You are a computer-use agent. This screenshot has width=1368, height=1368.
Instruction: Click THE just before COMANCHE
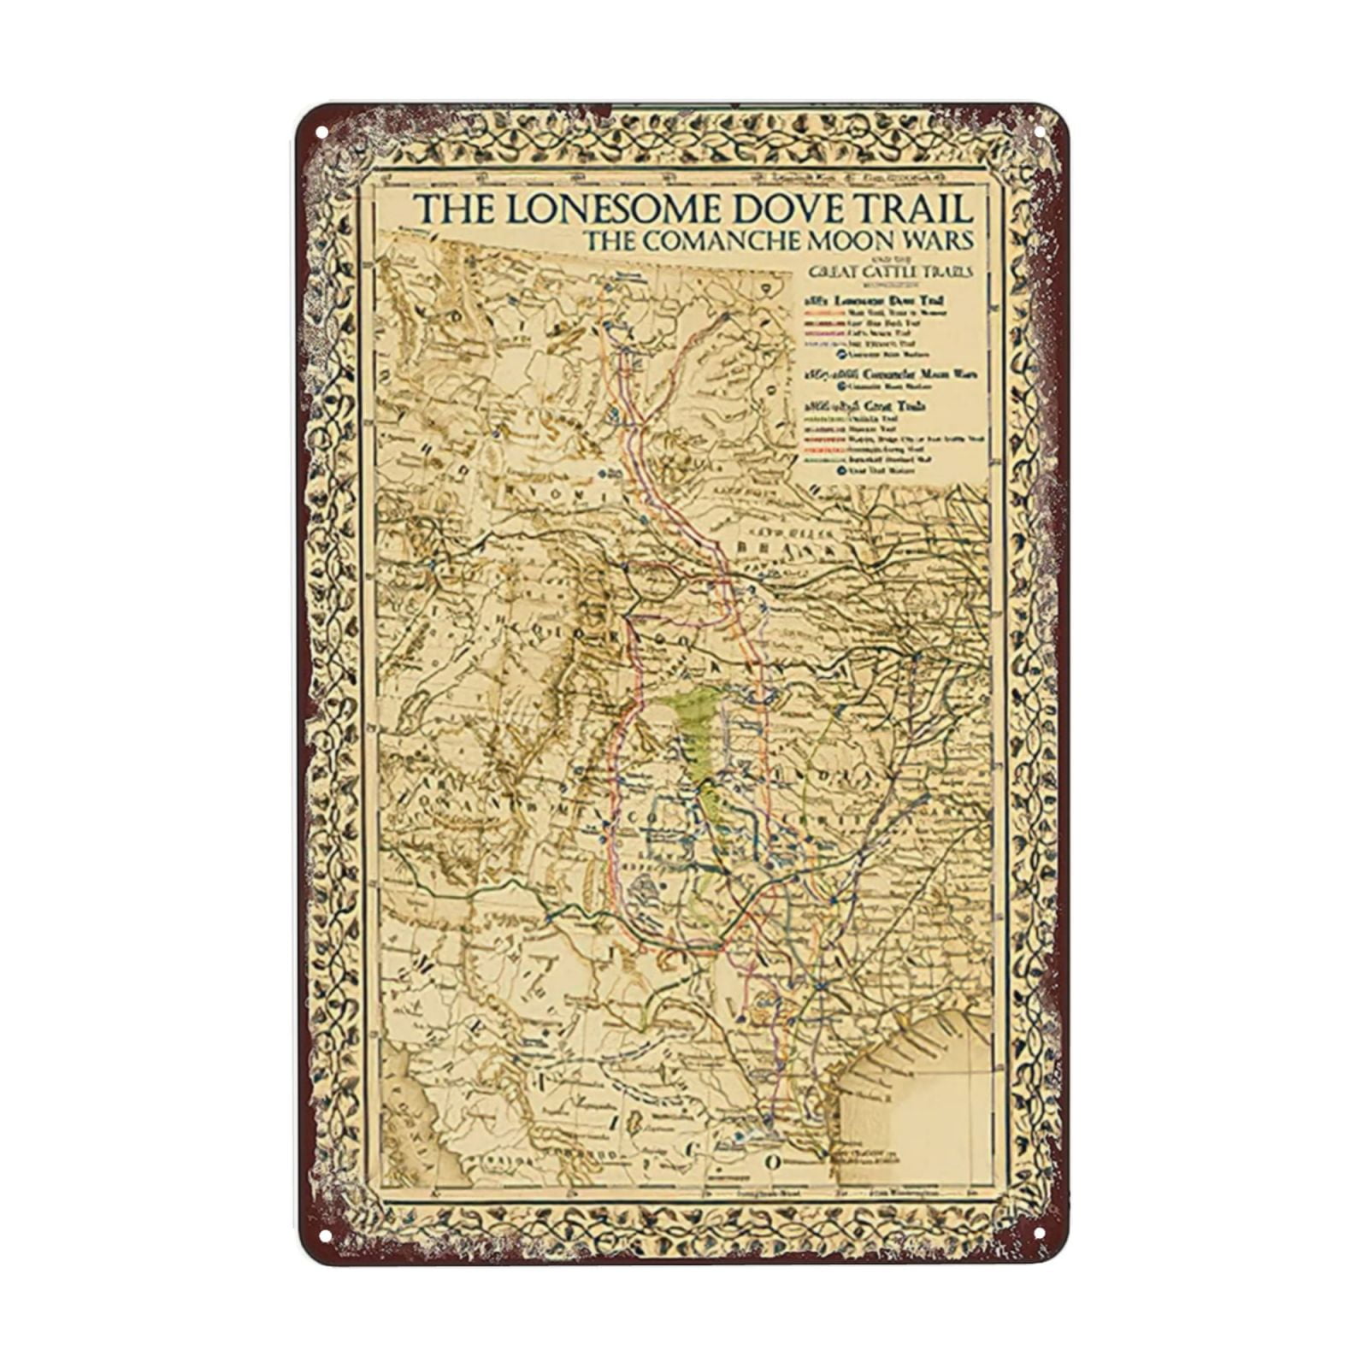tap(609, 242)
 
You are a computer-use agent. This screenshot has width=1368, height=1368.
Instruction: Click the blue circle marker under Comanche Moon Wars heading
tap(842, 386)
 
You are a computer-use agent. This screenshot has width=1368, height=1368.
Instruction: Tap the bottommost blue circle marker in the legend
tap(842, 470)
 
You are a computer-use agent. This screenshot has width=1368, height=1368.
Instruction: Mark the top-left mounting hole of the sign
tap(322, 133)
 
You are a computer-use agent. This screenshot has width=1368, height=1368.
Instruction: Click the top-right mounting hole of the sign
tap(1041, 133)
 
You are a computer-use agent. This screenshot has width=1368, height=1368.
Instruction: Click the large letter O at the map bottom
tap(771, 1162)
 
